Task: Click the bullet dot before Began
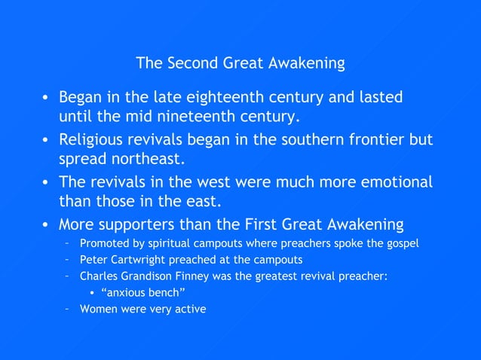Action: (46, 98)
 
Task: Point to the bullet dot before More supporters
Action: (46, 225)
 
